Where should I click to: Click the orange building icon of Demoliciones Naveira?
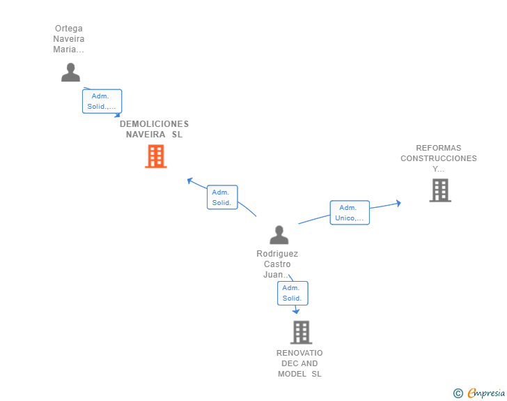coord(156,156)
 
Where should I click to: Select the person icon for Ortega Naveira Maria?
coord(70,73)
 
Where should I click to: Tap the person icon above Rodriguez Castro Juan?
coord(279,235)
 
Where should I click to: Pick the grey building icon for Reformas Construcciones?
coord(440,190)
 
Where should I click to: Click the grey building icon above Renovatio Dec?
coord(301,332)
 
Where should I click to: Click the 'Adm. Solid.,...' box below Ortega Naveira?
coord(102,101)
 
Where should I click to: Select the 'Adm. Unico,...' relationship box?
coord(350,213)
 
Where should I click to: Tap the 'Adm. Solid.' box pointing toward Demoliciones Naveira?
coord(222,197)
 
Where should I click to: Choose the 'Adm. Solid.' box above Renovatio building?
coord(292,293)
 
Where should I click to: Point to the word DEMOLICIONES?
coord(154,123)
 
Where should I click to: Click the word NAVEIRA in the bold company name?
coord(146,135)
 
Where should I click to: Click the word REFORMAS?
coord(439,148)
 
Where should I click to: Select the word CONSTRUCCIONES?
coord(439,158)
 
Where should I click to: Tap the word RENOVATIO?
coord(299,353)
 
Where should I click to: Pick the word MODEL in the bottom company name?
coord(292,374)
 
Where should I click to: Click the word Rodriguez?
coord(277,254)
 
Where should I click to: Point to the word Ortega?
coord(68,29)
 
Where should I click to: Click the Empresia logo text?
coord(486,393)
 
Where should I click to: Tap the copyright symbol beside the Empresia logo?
coord(458,393)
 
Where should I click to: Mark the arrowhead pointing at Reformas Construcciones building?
coord(398,203)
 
